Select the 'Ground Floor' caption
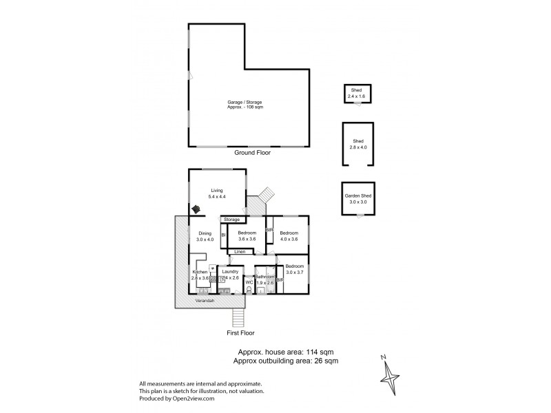pos(252,153)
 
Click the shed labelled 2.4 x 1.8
pos(357,93)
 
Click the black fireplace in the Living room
pos(197,209)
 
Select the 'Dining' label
pos(205,236)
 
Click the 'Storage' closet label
pos(232,219)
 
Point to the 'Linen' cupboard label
pos(239,252)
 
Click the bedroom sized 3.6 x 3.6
pos(247,236)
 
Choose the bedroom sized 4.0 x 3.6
pos(289,236)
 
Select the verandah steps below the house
pos(239,318)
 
